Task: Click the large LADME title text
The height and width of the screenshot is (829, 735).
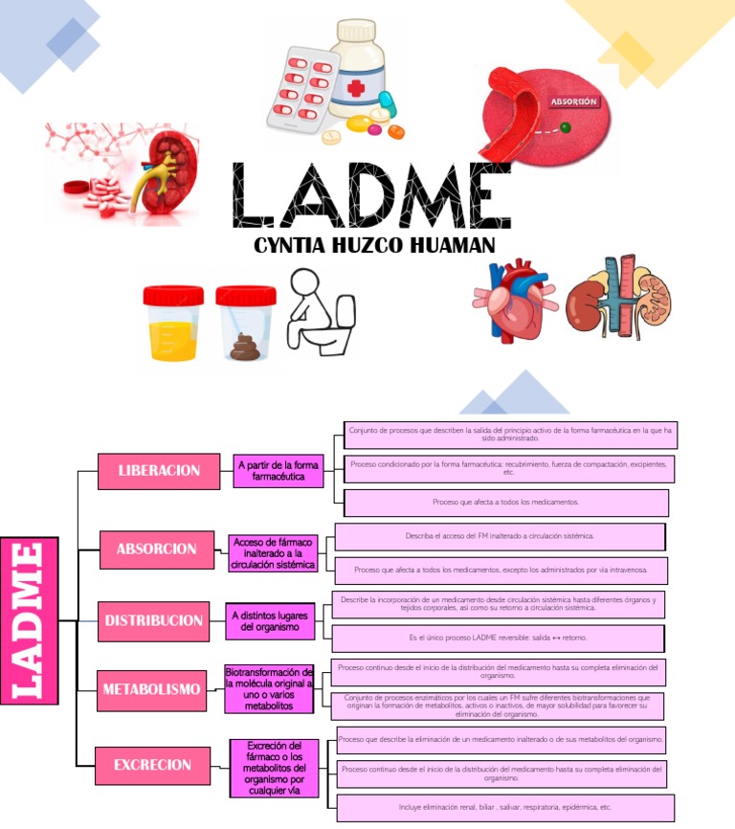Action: point(371,195)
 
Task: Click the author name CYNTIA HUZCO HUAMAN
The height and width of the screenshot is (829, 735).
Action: point(374,246)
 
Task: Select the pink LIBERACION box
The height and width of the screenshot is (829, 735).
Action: point(159,470)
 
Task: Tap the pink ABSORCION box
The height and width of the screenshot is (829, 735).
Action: point(156,549)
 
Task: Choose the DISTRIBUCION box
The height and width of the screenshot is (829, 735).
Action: point(153,620)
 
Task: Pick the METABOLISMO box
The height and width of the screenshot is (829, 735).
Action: point(151,689)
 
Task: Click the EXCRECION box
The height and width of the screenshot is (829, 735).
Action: point(152,765)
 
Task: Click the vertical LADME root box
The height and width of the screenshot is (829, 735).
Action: point(29,620)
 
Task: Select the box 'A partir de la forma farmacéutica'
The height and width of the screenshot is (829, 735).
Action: point(278,470)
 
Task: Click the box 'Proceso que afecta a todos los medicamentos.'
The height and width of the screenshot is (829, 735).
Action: point(505,502)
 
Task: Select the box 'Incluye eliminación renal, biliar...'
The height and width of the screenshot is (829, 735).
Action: point(504,807)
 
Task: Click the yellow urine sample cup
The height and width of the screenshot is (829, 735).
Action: point(173,324)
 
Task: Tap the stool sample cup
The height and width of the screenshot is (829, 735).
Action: point(246,324)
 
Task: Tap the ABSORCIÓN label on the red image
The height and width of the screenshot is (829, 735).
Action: point(573,100)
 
